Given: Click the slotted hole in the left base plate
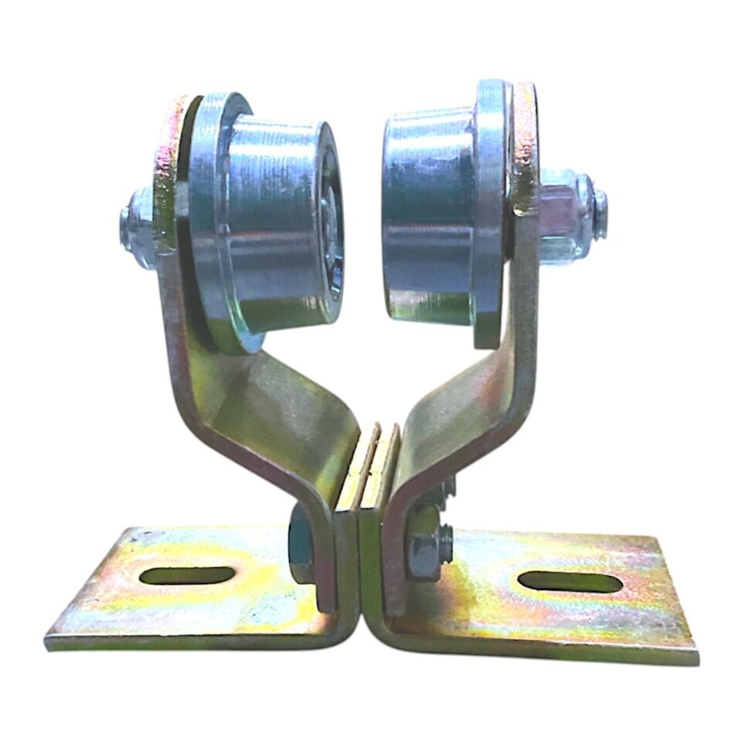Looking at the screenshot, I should (x=188, y=575).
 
